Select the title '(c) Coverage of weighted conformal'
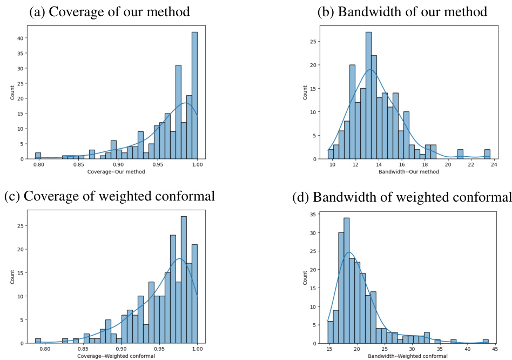(109, 196)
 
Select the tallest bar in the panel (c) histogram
(184, 279)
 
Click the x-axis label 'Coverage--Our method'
(119, 172)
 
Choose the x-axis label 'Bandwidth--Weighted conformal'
(407, 356)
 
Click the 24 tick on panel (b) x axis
(494, 164)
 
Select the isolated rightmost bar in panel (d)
(486, 341)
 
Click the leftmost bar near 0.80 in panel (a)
(38, 156)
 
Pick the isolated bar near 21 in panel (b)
(460, 154)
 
